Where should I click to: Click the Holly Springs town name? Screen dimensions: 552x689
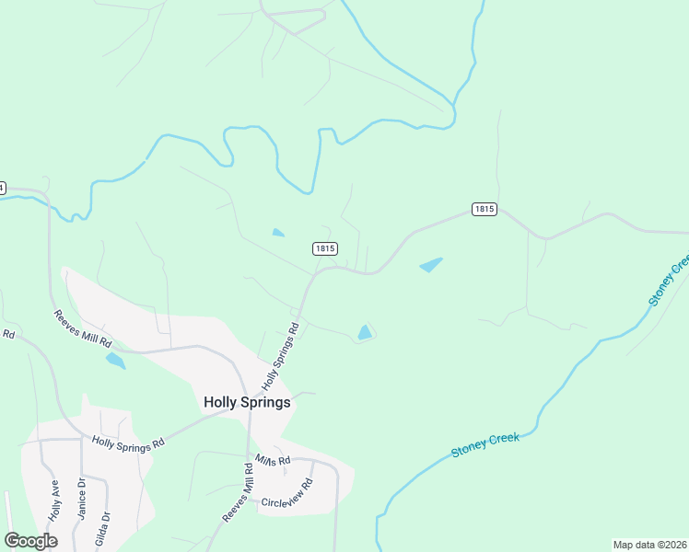coord(246,402)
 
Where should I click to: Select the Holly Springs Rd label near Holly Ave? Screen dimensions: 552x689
coord(127,442)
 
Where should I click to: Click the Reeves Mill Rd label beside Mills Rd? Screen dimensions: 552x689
coord(237,493)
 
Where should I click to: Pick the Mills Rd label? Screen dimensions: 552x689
coord(273,460)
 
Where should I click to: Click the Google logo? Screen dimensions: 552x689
coord(31,540)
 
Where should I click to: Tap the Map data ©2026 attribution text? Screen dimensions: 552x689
coord(649,545)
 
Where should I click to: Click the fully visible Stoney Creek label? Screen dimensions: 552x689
coord(485,444)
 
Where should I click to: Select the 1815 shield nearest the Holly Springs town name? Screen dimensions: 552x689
coord(324,248)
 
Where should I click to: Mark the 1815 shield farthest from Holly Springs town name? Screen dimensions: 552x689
coord(485,209)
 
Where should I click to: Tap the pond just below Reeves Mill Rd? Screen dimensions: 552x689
coord(115,360)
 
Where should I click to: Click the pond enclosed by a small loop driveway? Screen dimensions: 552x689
coord(366,332)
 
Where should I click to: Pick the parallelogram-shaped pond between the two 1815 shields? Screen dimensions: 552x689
coord(430,265)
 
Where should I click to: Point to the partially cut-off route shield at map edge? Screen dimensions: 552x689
coord(2,188)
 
